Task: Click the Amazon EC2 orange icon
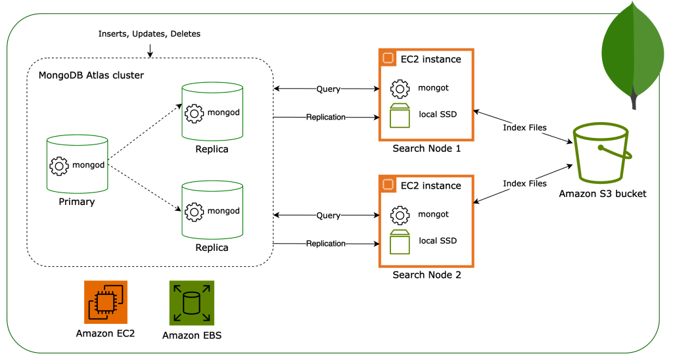106,302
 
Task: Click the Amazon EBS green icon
192,303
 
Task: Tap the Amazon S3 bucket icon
601,155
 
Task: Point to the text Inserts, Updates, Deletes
149,34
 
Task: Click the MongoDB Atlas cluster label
91,75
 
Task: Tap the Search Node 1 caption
427,148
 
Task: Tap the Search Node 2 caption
427,275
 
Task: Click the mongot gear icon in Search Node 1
400,89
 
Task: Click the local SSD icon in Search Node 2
400,242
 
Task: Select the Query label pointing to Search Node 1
328,89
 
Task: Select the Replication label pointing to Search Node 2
325,244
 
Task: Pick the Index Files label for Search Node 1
524,127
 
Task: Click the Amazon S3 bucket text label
603,193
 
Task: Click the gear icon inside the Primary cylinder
59,165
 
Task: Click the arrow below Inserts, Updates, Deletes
150,50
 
